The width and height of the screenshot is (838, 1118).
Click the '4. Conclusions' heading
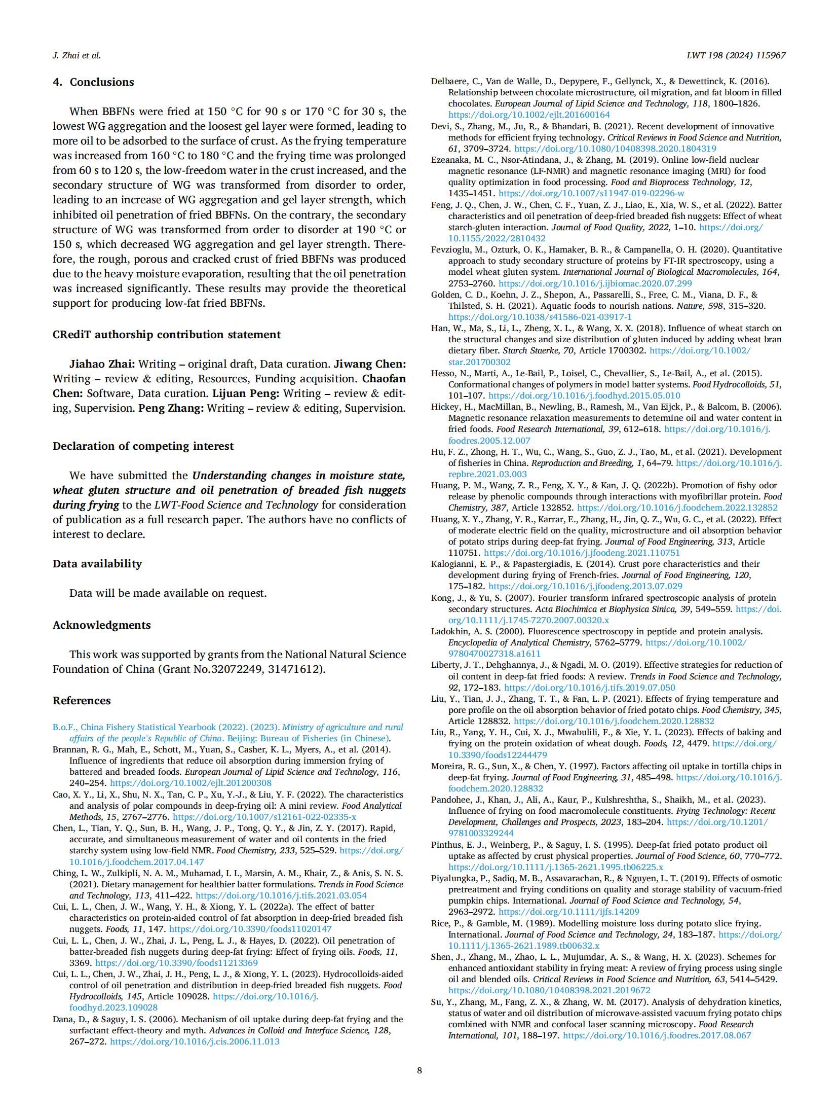pyautogui.click(x=93, y=82)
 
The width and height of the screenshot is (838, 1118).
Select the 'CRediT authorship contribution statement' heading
pyautogui.click(x=166, y=335)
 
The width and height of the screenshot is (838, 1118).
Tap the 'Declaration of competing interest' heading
pyautogui.click(x=143, y=446)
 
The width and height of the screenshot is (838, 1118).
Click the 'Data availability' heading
pyautogui.click(x=97, y=564)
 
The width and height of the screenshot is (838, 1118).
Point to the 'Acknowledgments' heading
pyautogui.click(x=101, y=625)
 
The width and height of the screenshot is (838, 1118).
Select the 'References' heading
pyautogui.click(x=81, y=701)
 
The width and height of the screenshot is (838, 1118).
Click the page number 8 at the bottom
pyautogui.click(x=419, y=1070)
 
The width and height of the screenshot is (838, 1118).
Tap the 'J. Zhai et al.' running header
pyautogui.click(x=77, y=56)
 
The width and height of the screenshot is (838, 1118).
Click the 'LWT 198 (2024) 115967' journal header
pyautogui.click(x=736, y=56)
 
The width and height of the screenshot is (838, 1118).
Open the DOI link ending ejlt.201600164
pyautogui.click(x=529, y=115)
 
